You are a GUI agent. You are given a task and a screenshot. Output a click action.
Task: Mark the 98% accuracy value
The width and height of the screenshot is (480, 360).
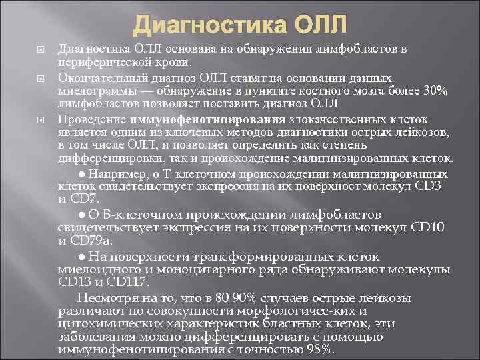pos(317,351)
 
